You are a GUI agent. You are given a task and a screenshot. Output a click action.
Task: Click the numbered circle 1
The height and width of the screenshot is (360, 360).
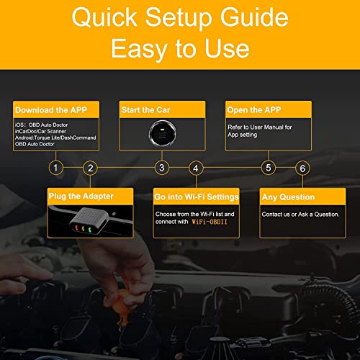point(55,168)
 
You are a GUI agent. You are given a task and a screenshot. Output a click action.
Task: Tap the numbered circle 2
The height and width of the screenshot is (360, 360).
point(90,168)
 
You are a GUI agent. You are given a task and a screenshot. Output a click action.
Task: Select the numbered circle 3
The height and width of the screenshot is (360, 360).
point(162,168)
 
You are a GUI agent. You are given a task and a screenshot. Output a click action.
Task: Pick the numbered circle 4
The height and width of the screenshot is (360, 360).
point(196,168)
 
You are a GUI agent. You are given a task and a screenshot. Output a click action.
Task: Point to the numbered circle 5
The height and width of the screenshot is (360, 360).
point(269,168)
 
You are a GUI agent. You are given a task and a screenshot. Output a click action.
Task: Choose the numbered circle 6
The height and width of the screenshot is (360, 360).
point(302,168)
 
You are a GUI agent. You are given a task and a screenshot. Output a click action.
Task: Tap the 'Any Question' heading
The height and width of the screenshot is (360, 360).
point(289,197)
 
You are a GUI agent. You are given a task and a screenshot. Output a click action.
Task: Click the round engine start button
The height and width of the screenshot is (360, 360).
point(162,135)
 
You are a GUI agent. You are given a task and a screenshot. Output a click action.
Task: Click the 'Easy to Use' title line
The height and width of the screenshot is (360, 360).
point(180,48)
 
